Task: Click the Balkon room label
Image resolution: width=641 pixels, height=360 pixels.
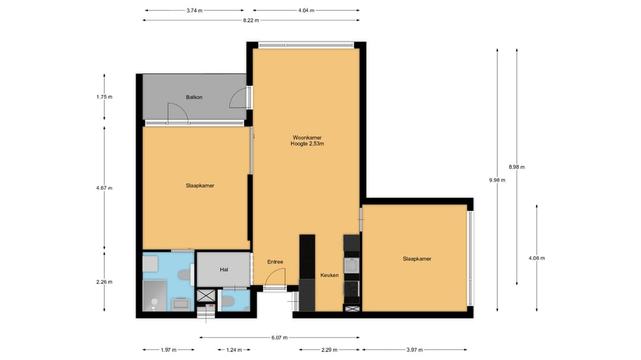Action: [x=194, y=97]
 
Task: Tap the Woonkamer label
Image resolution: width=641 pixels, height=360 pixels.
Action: [x=307, y=138]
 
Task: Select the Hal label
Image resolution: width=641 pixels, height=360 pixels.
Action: [x=224, y=270]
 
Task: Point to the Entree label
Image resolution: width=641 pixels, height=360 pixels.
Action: [x=275, y=262]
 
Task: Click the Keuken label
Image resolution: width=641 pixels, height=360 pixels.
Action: [x=329, y=275]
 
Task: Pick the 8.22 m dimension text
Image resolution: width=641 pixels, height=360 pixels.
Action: [x=251, y=20]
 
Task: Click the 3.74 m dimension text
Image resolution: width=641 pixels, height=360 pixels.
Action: [x=195, y=11]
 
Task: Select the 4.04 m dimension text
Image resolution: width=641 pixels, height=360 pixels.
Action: [x=306, y=11]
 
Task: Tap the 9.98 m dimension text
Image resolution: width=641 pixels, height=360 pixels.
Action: [x=497, y=180]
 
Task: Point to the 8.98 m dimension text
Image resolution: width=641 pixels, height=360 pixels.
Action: [x=517, y=167]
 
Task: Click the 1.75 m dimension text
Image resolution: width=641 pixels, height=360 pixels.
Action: [x=104, y=97]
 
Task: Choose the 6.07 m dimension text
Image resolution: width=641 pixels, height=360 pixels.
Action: [x=280, y=338]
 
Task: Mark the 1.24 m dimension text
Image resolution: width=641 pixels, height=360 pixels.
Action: [x=234, y=350]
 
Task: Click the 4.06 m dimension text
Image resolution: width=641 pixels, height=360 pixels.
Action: [x=537, y=258]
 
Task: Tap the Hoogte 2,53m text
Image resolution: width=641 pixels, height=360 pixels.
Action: [x=307, y=144]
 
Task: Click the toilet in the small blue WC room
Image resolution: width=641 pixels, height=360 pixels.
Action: [x=227, y=302]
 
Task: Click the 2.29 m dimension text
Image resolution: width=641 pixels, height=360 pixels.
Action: [x=329, y=350]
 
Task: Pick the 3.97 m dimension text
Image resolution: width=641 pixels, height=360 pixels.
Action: [x=414, y=350]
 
